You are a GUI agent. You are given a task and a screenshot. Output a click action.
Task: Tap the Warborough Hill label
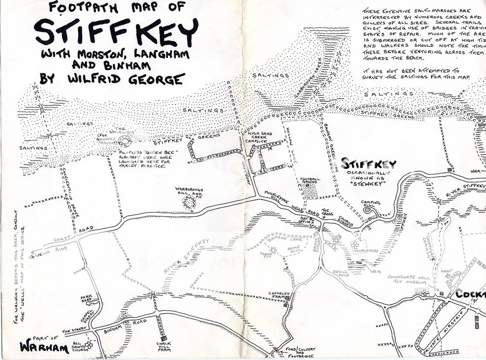point(189,193)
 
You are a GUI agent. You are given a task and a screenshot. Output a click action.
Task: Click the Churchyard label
point(367,251)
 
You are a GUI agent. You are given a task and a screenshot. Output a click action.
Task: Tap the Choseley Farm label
point(278,295)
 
